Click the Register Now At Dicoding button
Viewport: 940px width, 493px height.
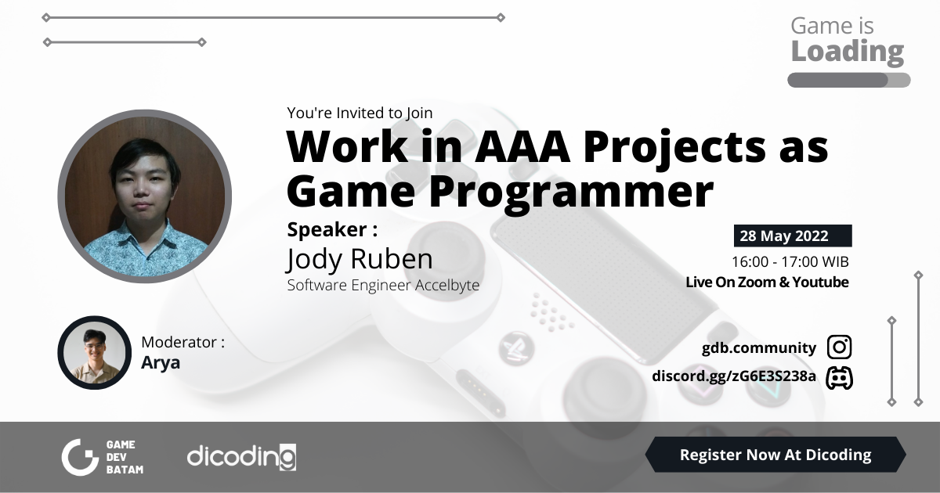click(x=775, y=455)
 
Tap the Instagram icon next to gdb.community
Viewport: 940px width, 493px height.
click(x=839, y=347)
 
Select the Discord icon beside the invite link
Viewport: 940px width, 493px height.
click(x=839, y=377)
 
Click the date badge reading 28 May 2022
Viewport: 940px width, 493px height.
click(x=792, y=236)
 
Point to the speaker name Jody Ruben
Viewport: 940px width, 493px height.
click(x=360, y=259)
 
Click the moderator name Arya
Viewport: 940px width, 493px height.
click(x=161, y=362)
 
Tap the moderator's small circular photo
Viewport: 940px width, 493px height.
click(x=94, y=352)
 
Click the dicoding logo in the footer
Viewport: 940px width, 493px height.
click(x=241, y=456)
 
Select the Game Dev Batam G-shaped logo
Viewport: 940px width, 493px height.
click(x=80, y=457)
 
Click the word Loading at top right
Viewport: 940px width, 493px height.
click(x=847, y=52)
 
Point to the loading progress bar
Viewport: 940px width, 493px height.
click(x=848, y=80)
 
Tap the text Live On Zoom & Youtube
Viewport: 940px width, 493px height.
click(x=767, y=282)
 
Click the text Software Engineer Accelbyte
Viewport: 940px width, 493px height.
click(x=383, y=286)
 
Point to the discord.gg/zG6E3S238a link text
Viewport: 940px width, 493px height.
click(x=734, y=377)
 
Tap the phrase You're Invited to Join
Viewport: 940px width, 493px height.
click(x=360, y=113)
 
